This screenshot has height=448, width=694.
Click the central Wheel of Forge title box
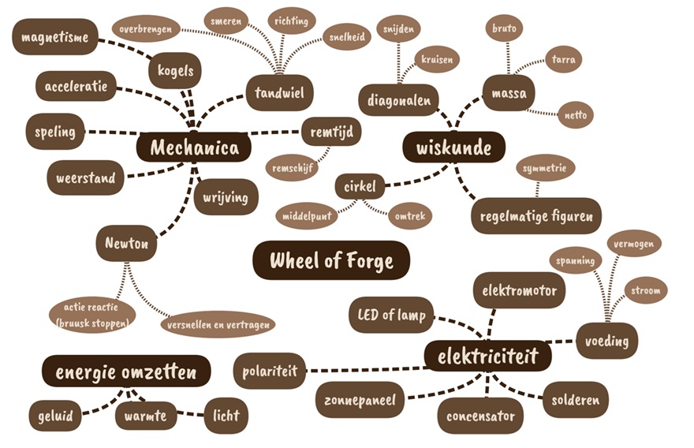point(331,260)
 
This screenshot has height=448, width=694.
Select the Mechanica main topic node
point(194,147)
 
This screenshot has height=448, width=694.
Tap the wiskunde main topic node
point(453,147)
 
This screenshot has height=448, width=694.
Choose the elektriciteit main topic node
point(487,357)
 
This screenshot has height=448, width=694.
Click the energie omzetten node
point(126,371)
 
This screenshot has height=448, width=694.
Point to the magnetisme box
point(55,37)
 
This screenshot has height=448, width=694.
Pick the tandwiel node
point(280,92)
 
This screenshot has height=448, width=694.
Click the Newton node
point(127,243)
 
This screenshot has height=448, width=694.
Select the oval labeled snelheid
point(347,37)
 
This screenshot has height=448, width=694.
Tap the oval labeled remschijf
point(292,168)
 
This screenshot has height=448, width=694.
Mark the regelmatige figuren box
point(536,216)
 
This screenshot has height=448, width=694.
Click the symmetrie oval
point(544,168)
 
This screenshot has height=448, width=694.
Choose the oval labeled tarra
point(563,59)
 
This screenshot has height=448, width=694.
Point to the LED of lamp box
point(391,315)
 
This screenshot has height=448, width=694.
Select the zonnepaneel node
point(359,400)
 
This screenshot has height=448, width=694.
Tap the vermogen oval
point(634,244)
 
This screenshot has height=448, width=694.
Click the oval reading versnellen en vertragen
point(218,324)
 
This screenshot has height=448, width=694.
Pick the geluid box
point(55,416)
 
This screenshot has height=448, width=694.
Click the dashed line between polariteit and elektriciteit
point(366,369)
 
